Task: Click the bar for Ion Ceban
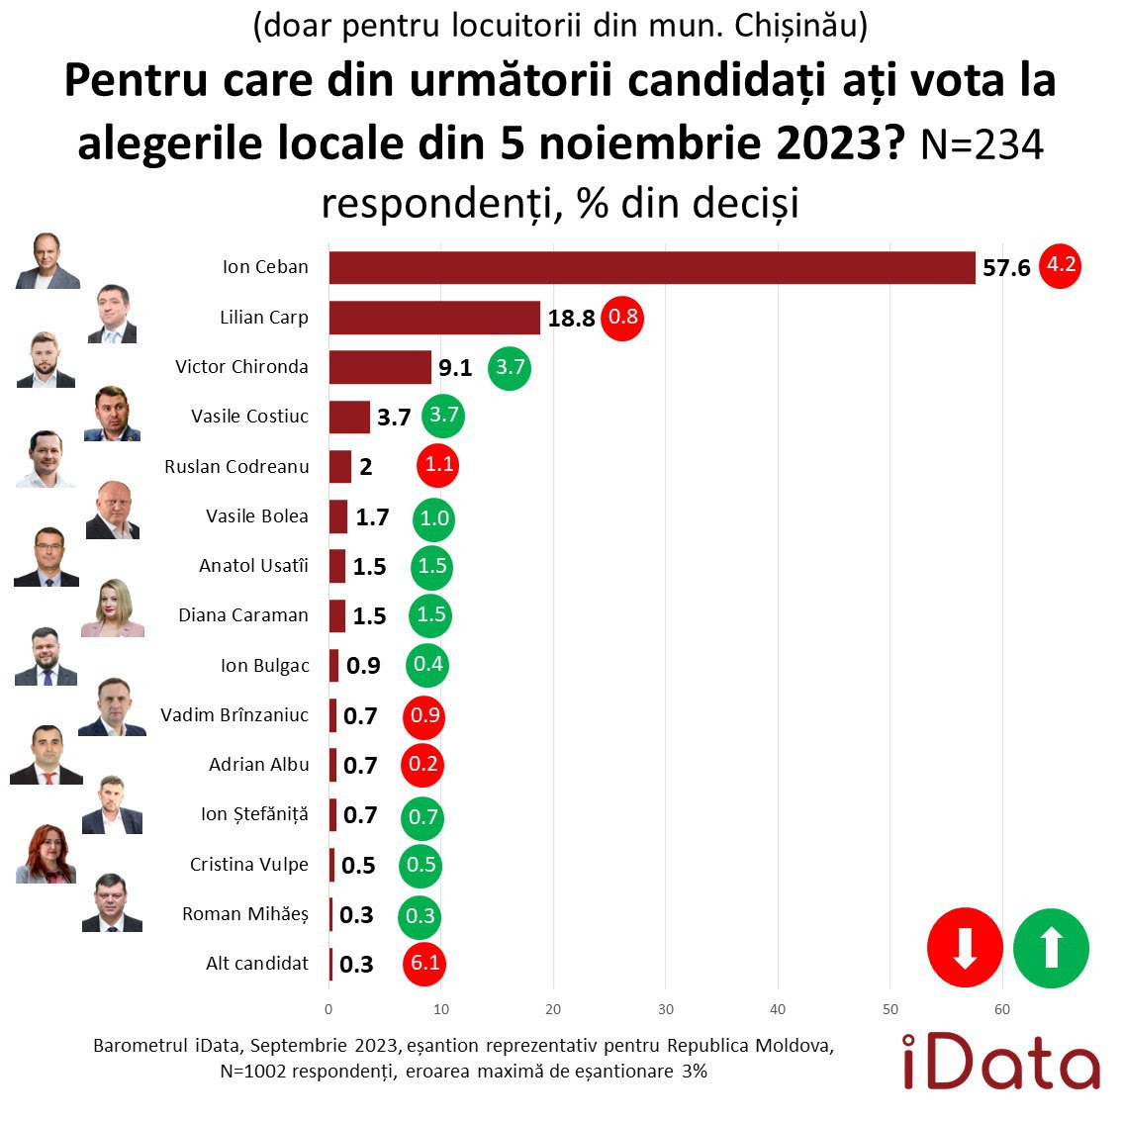pos(652,267)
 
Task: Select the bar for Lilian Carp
pos(434,318)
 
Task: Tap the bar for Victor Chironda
pos(380,367)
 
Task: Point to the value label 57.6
pos(1006,268)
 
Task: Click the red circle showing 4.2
pos(1061,265)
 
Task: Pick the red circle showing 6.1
pos(425,963)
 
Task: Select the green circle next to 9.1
pos(511,368)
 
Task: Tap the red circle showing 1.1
pos(438,466)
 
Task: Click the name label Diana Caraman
pos(243,615)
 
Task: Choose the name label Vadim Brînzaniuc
pos(234,714)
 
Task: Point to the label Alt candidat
pos(257,963)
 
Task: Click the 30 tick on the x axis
pos(666,1009)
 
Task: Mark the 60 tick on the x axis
pos(1002,1009)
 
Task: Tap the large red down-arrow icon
pos(965,948)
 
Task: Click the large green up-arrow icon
pos(1052,948)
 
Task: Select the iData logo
pos(1000,1063)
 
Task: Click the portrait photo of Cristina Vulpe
pos(46,854)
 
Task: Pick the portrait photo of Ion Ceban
pos(47,262)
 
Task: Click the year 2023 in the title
pos(832,143)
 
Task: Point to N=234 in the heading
pos(982,145)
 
